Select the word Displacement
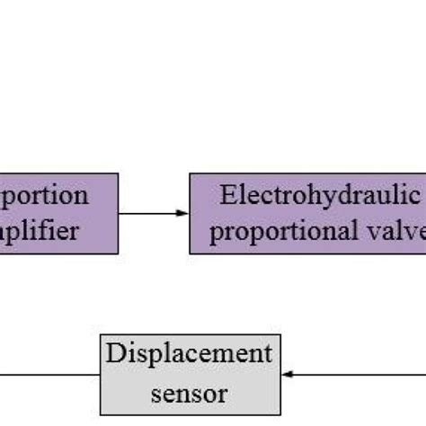point(188,353)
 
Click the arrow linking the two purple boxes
point(153,213)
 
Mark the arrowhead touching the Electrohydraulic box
point(184,213)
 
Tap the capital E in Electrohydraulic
point(227,195)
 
